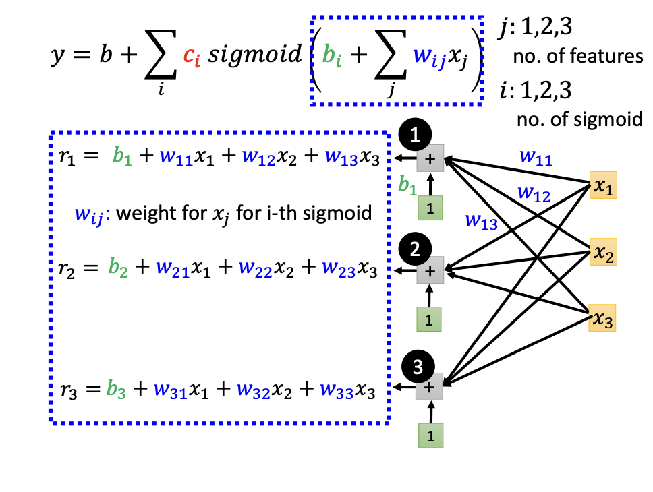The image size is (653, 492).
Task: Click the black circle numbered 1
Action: coord(416,135)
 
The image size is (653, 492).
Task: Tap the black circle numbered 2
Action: coord(417,249)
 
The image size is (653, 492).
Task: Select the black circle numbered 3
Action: coord(417,367)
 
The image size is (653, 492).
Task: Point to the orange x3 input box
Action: coord(602,317)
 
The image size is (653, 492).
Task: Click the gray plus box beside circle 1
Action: coord(430,159)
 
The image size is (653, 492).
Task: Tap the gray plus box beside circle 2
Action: coord(430,271)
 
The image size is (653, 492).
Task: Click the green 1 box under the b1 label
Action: coord(430,206)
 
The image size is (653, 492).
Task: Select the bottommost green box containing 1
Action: coord(430,435)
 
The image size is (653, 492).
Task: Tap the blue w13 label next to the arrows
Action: coord(480,222)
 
